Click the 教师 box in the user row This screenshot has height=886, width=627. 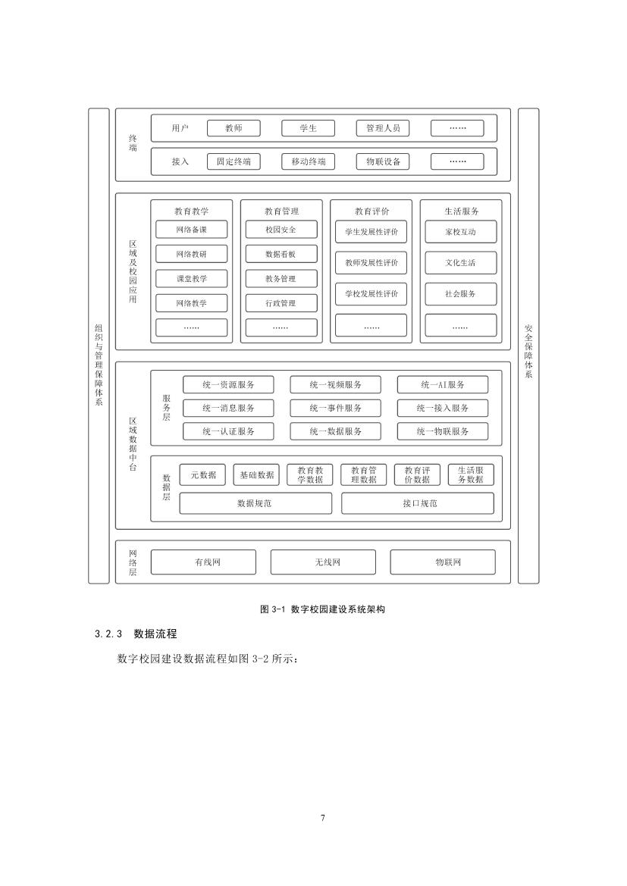coord(234,128)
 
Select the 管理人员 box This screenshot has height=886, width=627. coord(383,128)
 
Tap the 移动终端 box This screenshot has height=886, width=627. coord(308,161)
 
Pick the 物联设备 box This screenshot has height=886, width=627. coord(383,161)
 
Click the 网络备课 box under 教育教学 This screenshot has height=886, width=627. coord(191,230)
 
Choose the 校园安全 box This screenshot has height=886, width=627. coord(281,230)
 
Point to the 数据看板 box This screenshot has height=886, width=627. coord(281,254)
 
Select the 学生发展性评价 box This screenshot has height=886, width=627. coord(371,232)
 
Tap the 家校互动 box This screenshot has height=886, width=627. coord(461,232)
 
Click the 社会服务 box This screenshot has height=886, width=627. coord(461,294)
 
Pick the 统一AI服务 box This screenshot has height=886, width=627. coord(443,385)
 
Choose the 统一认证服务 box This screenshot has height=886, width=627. coord(228,431)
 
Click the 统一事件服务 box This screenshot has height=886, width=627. coord(335,408)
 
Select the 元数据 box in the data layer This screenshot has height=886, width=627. coord(202,475)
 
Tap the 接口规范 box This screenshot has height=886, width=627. coord(418,503)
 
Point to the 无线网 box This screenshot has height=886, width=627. coord(323,562)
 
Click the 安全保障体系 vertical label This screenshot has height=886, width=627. coord(528,351)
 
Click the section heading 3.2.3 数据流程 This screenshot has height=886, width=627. coord(136,634)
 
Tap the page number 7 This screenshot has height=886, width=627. coord(323,818)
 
